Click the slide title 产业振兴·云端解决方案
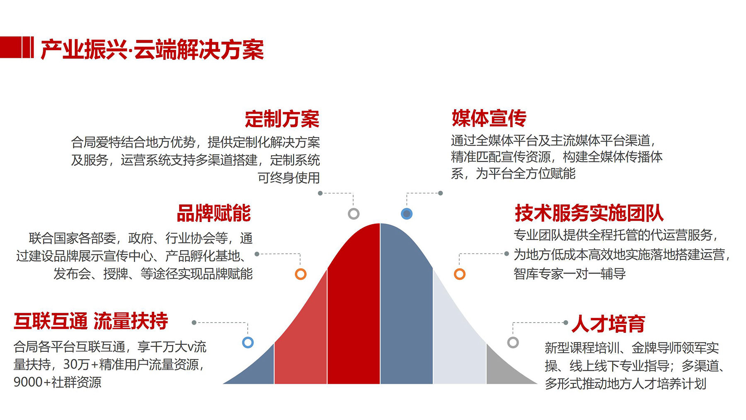(152, 50)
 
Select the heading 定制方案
(282, 119)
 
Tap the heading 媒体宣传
(489, 119)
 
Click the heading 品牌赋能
(214, 214)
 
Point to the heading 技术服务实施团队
(589, 214)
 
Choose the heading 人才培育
(608, 324)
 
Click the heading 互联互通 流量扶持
(91, 321)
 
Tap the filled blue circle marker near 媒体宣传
(407, 214)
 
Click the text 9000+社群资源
(58, 382)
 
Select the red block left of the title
(17, 47)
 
